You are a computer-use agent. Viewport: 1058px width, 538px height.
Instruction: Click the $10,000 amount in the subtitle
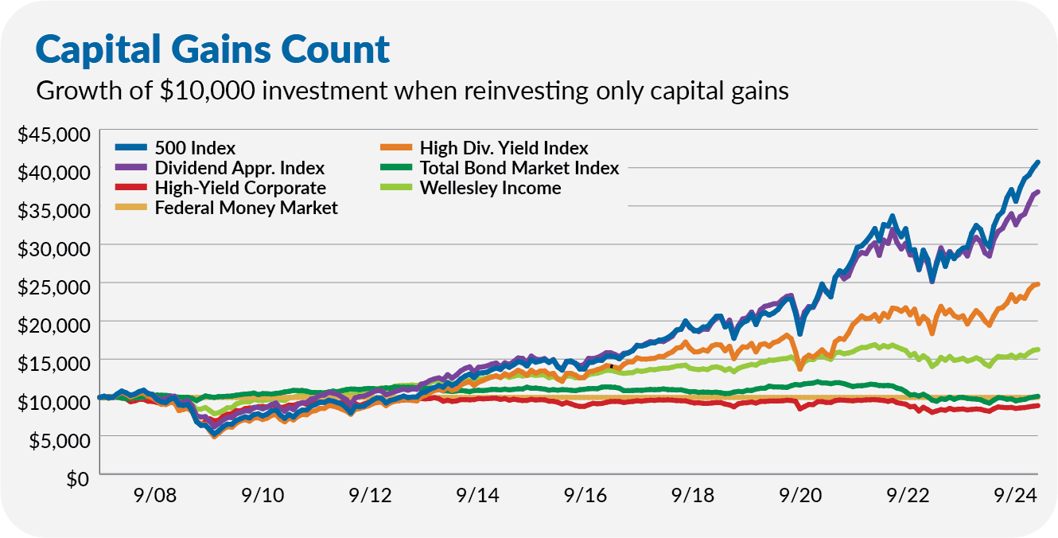pos(208,91)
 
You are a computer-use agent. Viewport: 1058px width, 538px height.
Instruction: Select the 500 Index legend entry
pos(175,148)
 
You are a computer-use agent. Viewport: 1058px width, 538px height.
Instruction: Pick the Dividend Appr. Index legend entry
pos(220,168)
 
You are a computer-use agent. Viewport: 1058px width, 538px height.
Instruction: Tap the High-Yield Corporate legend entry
pos(220,188)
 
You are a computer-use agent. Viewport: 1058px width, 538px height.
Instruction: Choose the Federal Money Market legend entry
pos(226,208)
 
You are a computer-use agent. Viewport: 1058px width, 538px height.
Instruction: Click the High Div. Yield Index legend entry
pos(484,148)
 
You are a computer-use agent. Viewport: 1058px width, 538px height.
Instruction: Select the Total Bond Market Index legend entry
pos(500,168)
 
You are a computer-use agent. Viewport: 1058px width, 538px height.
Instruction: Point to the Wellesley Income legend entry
pos(471,188)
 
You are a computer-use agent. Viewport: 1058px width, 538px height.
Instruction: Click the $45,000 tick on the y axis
pos(54,134)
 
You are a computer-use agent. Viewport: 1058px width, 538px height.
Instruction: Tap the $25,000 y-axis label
pos(54,287)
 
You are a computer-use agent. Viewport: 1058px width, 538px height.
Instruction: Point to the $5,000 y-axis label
pos(60,441)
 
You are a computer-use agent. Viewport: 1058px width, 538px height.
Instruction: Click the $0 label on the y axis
pos(78,479)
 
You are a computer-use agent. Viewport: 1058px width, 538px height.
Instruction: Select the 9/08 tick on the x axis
pos(155,495)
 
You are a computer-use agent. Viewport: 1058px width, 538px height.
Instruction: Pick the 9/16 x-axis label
pos(585,495)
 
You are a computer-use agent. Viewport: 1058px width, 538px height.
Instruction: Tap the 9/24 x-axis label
pos(1016,495)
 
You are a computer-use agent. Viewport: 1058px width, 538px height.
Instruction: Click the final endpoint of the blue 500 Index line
pos(1037,162)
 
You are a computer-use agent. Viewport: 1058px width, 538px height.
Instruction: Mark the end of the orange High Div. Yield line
pos(1037,284)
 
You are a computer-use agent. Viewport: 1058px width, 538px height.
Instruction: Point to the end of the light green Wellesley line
pos(1037,349)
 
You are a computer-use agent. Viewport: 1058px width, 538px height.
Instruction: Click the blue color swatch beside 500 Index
pos(130,148)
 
